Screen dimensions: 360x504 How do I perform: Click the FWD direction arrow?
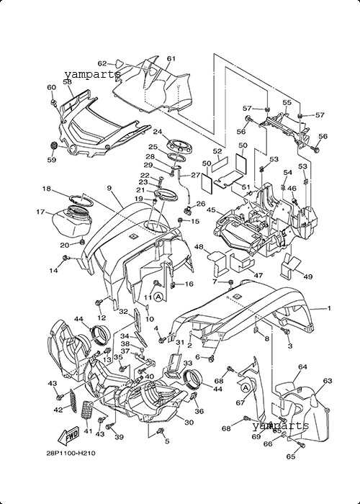pos(68,436)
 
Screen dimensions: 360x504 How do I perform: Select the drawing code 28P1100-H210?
pos(71,453)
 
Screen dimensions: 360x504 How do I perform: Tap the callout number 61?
pos(171,58)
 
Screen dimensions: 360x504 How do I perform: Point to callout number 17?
pos(40,212)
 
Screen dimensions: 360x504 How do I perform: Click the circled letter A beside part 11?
pos(158,297)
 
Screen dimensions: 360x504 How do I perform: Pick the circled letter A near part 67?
pos(246,388)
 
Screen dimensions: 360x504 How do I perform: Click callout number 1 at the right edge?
pos(329,308)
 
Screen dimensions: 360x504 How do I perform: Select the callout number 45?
pos(211,210)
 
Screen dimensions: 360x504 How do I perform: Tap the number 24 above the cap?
pos(157,132)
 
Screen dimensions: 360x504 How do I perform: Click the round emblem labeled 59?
pos(54,145)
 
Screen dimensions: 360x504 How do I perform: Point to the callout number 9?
pos(109,188)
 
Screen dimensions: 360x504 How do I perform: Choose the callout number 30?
pos(189,422)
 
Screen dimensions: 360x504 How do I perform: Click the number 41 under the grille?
pos(88,431)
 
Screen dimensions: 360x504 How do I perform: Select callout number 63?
pos(327,381)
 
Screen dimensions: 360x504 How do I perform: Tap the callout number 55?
pos(287,102)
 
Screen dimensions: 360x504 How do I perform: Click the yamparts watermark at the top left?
pos(93,75)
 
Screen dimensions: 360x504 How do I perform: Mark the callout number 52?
pos(217,151)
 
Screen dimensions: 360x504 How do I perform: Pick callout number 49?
pos(308,276)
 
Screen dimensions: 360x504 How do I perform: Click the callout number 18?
pos(47,189)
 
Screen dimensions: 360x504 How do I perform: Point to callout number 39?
pos(119,437)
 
